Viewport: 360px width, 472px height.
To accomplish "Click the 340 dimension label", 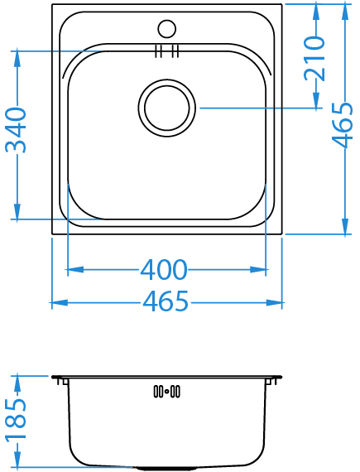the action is (16, 130).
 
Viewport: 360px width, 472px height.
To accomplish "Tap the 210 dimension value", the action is (314, 59).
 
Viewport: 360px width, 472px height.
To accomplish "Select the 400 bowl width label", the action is (164, 270).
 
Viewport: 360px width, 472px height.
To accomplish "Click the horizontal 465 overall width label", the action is (166, 301).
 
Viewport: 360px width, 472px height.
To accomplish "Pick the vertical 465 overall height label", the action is (342, 125).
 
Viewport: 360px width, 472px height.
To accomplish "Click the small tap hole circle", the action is (167, 29).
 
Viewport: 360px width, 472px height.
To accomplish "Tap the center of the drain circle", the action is (167, 108).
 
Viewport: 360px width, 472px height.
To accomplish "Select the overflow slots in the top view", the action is (167, 51).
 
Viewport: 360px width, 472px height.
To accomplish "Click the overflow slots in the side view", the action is (167, 392).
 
